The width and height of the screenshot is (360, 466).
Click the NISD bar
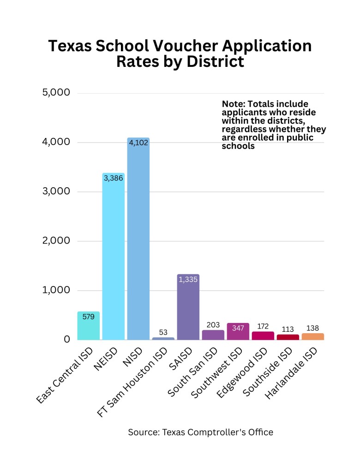pyautogui.click(x=138, y=240)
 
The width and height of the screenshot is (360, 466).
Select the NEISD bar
pyautogui.click(x=113, y=258)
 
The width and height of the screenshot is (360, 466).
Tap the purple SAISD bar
pyautogui.click(x=188, y=309)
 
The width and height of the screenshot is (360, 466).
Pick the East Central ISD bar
pyautogui.click(x=88, y=328)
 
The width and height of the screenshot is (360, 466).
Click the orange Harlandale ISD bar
pyautogui.click(x=313, y=337)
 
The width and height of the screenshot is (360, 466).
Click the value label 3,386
pyautogui.click(x=113, y=178)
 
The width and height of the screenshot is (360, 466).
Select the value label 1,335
pyautogui.click(x=188, y=279)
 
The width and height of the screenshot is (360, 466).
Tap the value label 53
pyautogui.click(x=163, y=332)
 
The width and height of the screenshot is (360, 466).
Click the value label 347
pyautogui.click(x=238, y=328)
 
